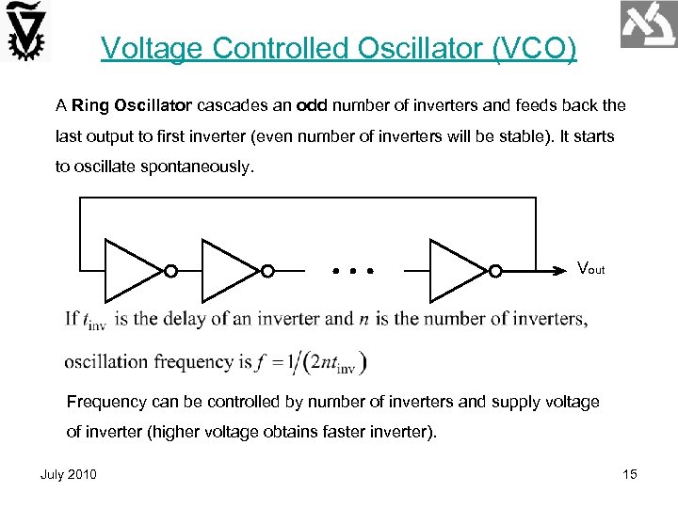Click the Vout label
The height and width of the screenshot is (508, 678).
click(x=590, y=269)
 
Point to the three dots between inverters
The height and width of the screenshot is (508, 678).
click(x=353, y=271)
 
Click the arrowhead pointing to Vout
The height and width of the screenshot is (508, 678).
click(x=561, y=270)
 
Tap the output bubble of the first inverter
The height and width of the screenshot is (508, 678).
click(x=170, y=271)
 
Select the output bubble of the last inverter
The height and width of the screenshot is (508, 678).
click(x=495, y=271)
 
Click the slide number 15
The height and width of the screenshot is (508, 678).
click(x=630, y=474)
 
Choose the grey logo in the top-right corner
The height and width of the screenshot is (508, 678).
click(x=649, y=24)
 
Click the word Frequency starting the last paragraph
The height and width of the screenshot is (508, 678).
click(x=105, y=402)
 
